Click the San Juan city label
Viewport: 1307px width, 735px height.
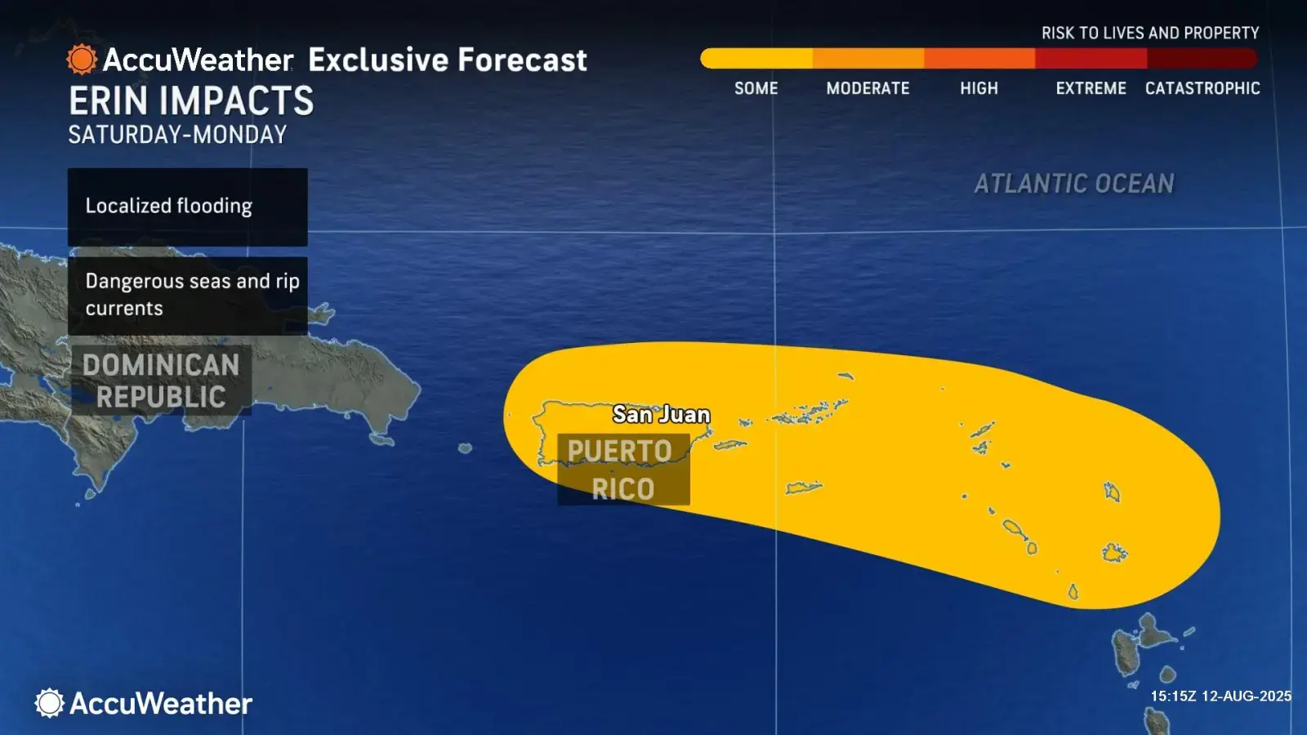[x=661, y=415]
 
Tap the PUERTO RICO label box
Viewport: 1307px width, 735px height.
[x=623, y=470]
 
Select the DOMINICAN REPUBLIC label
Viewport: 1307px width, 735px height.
[x=161, y=381]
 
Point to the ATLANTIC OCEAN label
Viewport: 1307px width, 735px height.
[x=1074, y=184]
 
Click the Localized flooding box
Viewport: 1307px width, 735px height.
[x=187, y=207]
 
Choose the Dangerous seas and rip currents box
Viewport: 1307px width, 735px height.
[x=187, y=295]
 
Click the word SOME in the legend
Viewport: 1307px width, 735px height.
[x=756, y=88]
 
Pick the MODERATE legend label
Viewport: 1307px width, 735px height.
[x=868, y=88]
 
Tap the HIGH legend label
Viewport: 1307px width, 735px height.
[x=979, y=88]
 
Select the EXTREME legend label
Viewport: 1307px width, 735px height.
[x=1091, y=88]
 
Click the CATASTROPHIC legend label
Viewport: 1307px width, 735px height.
[x=1202, y=88]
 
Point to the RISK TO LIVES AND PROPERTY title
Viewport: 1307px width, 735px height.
[x=1150, y=33]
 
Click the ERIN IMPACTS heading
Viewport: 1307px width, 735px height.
[x=191, y=101]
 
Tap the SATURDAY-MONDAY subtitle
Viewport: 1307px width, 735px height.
[x=177, y=135]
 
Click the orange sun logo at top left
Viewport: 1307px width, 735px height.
[x=82, y=60]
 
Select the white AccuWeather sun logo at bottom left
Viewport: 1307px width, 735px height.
[x=50, y=703]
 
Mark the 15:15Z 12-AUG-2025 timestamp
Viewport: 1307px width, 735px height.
[x=1220, y=696]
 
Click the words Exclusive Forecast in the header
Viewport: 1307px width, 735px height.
[x=448, y=60]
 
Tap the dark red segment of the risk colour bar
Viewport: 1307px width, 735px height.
[x=1201, y=58]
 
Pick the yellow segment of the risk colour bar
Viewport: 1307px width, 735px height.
[x=756, y=58]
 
